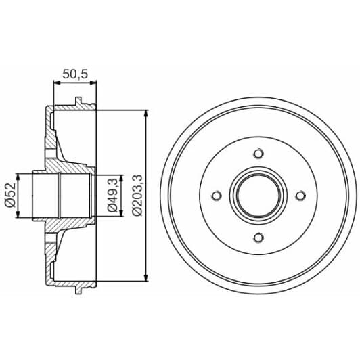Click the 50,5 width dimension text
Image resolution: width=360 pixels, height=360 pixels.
pyautogui.click(x=74, y=74)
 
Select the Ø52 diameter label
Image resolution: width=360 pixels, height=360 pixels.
pyautogui.click(x=10, y=196)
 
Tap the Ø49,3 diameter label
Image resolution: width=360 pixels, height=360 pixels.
pyautogui.click(x=112, y=196)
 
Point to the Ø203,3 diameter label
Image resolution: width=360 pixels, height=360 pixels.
pyautogui.click(x=137, y=196)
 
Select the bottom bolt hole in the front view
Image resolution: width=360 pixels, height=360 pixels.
pyautogui.click(x=258, y=237)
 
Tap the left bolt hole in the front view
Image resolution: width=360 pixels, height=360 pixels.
pyautogui.click(x=217, y=196)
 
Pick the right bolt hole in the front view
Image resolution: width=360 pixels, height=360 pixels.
pyautogui.click(x=299, y=196)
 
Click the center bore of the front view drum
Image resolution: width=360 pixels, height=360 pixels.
pyautogui.click(x=258, y=196)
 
